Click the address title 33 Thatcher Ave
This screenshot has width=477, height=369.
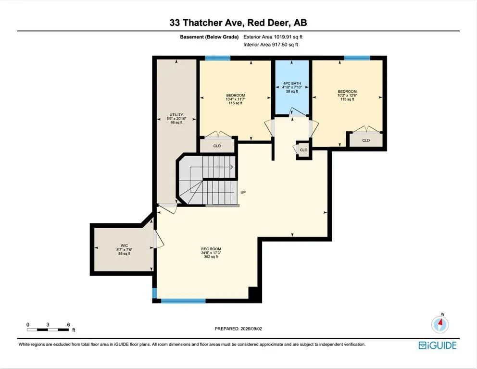click(x=207, y=23)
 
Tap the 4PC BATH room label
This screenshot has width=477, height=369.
click(x=292, y=83)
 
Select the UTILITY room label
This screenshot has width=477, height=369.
click(x=176, y=114)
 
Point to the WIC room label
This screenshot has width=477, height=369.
click(x=124, y=246)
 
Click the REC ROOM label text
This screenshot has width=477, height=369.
click(x=211, y=248)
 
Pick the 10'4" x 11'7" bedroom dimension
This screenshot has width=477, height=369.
click(x=236, y=99)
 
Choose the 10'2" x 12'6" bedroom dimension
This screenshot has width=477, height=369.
click(x=347, y=95)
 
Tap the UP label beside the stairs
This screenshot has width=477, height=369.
click(x=243, y=192)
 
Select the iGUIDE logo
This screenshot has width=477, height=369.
click(x=438, y=345)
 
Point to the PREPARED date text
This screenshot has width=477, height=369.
click(x=238, y=329)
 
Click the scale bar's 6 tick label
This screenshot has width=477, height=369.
click(x=68, y=325)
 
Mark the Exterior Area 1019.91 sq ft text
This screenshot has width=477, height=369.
click(x=273, y=37)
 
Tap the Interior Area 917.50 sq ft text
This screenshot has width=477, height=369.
click(x=271, y=45)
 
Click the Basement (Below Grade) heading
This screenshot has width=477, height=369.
click(x=209, y=37)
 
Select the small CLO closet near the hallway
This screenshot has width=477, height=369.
click(x=303, y=150)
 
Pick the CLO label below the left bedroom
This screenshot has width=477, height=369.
click(x=217, y=146)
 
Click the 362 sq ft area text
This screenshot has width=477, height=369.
click(x=211, y=257)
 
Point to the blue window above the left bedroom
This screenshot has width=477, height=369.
click(x=217, y=58)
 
